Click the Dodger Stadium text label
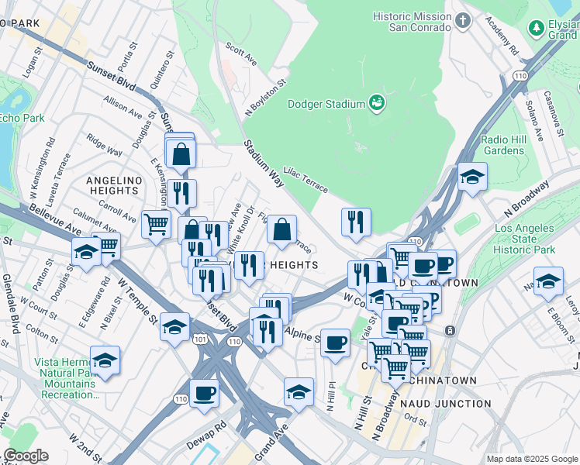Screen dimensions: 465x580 [x=326, y=104]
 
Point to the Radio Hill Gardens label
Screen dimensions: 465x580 [x=502, y=145]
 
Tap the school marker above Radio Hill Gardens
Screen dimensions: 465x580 [x=472, y=177]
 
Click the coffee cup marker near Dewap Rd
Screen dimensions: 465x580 [x=204, y=392]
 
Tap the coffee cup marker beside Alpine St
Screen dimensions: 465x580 [x=335, y=342]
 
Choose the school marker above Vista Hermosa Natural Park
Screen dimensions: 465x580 [x=105, y=360]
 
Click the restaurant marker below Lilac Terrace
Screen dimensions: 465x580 [x=356, y=221]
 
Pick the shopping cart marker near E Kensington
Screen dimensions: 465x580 [x=156, y=224]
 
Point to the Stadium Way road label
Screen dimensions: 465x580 [x=264, y=164]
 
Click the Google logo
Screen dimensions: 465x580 [x=26, y=455]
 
